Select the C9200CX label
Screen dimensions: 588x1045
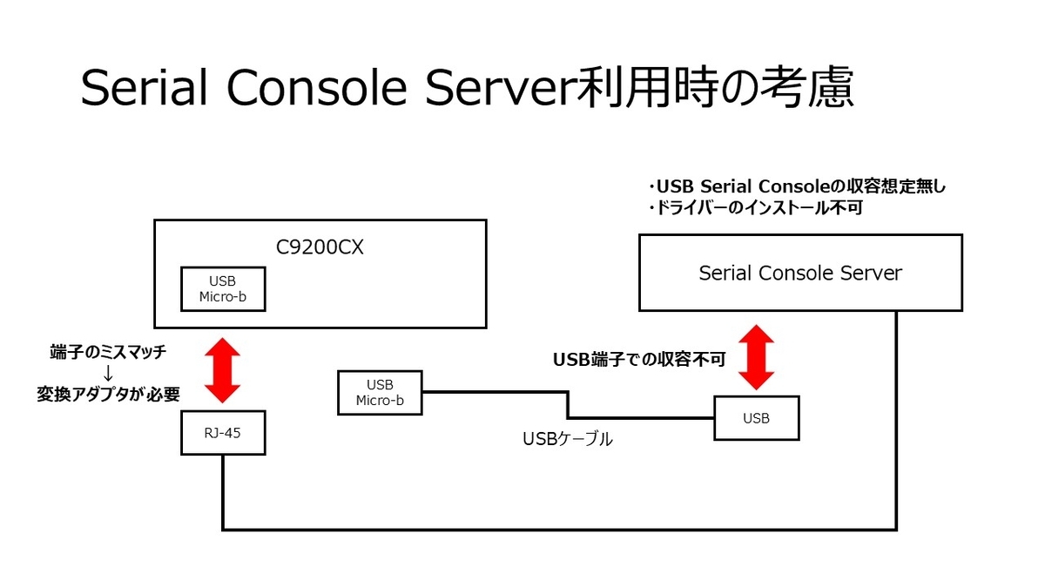(320, 247)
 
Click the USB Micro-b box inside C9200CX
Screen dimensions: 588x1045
(222, 288)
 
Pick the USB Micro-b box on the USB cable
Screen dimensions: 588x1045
(380, 392)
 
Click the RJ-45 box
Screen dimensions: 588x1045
(223, 433)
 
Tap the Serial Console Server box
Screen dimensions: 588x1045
(800, 273)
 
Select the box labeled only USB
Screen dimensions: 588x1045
(756, 418)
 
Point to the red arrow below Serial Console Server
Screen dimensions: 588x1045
(756, 357)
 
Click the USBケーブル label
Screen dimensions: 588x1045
(568, 439)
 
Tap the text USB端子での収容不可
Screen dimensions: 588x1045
(639, 359)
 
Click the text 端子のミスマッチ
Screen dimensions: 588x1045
(108, 352)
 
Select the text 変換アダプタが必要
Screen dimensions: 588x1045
(108, 394)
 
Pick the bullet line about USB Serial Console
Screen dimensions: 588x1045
(797, 186)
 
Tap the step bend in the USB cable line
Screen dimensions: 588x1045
(568, 405)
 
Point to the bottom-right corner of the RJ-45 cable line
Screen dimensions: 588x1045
(896, 528)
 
